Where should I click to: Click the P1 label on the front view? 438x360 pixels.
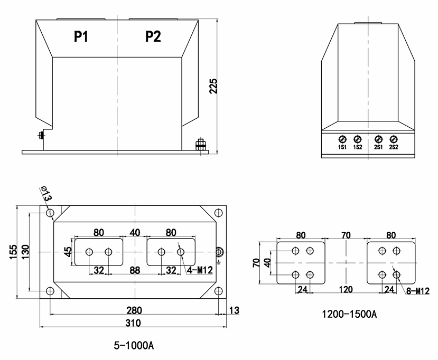(x=81, y=36)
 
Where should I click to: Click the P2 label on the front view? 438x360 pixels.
(x=153, y=36)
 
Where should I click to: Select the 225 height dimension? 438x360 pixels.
(x=213, y=86)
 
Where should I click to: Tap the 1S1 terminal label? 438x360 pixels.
(x=342, y=147)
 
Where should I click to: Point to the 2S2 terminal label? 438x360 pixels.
(x=393, y=147)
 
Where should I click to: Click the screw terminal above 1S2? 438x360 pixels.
(x=357, y=138)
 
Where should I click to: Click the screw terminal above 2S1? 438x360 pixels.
(x=378, y=138)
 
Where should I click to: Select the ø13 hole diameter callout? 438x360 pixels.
(x=46, y=194)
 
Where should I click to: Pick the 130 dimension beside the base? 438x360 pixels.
(x=25, y=253)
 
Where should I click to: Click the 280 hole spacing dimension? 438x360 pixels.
(x=133, y=310)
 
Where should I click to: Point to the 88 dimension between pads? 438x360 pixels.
(x=135, y=270)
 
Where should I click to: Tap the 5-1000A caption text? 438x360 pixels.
(x=134, y=346)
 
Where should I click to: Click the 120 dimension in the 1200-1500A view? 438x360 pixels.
(x=346, y=289)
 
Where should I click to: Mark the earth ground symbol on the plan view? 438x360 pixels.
(x=219, y=262)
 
